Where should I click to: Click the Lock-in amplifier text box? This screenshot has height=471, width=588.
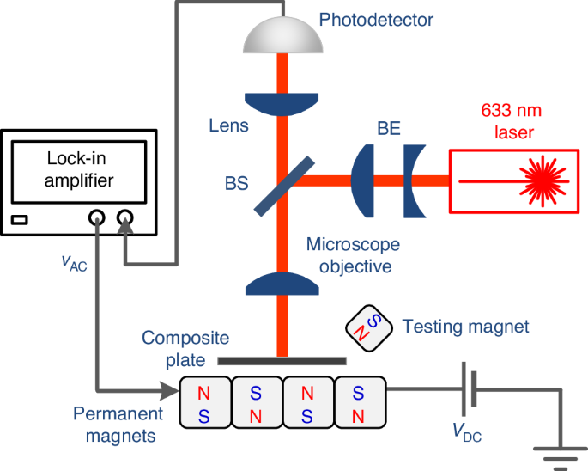point(80,169)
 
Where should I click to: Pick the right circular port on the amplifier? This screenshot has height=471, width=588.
point(125,220)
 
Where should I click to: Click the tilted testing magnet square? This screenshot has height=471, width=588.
point(366,327)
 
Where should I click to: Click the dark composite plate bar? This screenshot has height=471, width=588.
point(282,361)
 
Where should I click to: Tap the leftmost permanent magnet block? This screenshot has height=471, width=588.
point(204,402)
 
